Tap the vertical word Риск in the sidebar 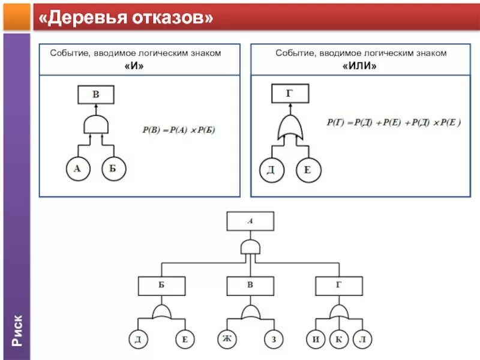[x=17, y=330]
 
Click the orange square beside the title [x=16, y=16]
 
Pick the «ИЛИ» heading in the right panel [x=360, y=66]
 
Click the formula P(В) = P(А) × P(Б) [x=178, y=130]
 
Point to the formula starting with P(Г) [x=394, y=122]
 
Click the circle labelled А [x=77, y=169]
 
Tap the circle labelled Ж [x=227, y=340]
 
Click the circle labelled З [x=274, y=340]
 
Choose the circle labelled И [x=316, y=340]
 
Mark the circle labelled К [x=339, y=340]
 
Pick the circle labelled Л [x=362, y=340]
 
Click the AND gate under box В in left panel [x=96, y=125]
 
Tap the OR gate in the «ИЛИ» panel [x=290, y=128]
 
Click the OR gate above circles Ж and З [x=250, y=311]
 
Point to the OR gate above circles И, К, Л [x=339, y=311]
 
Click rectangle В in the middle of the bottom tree [x=250, y=286]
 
